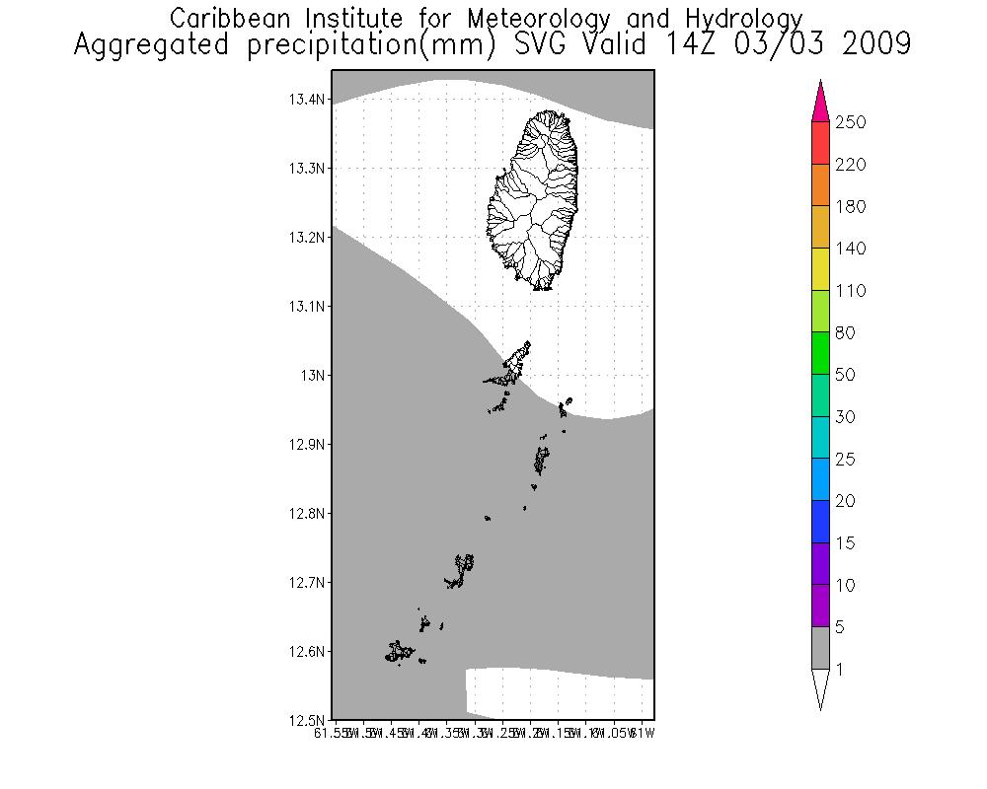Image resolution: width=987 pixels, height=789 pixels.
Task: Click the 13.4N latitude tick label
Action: click(x=306, y=99)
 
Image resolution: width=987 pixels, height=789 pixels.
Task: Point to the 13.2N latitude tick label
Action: click(x=306, y=237)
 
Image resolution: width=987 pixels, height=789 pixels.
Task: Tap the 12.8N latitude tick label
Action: click(x=306, y=513)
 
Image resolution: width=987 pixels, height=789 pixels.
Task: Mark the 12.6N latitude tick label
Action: click(x=306, y=651)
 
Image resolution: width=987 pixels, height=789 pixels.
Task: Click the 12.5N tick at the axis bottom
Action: click(x=306, y=720)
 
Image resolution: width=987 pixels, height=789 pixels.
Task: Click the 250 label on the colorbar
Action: click(x=849, y=122)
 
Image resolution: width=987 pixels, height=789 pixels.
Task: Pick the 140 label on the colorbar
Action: click(x=849, y=249)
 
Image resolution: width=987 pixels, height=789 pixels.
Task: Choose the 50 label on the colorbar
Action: click(x=845, y=375)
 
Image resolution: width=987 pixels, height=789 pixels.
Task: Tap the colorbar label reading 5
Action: click(x=840, y=627)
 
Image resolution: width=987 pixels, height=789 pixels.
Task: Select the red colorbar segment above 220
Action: click(x=820, y=143)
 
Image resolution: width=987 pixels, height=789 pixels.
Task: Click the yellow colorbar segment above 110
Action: click(x=820, y=269)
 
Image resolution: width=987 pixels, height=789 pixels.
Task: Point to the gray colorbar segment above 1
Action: click(x=820, y=648)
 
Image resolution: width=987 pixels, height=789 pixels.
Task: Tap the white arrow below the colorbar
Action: click(x=820, y=686)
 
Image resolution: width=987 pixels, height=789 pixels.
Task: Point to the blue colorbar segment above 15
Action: click(x=820, y=522)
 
